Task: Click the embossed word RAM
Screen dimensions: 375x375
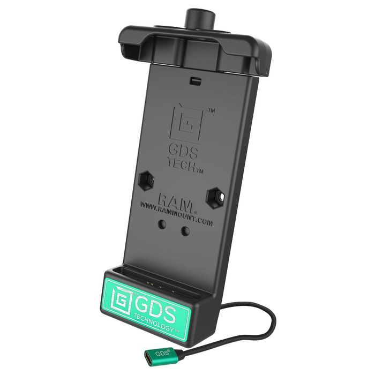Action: tap(175, 201)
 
